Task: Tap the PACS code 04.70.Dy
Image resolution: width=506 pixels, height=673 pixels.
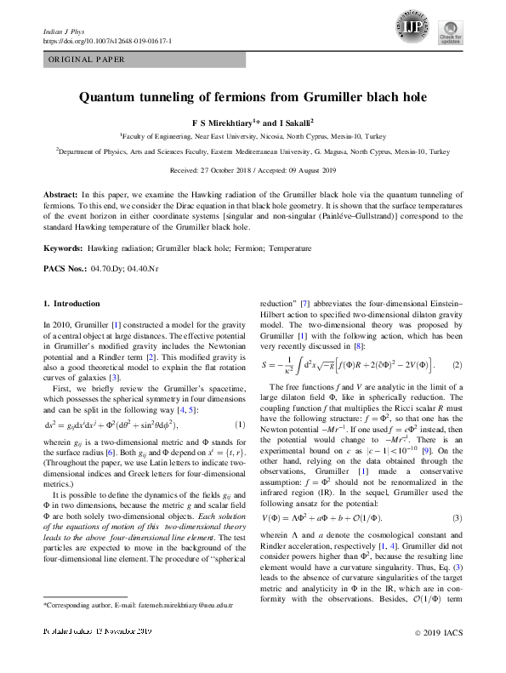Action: tap(107, 268)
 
